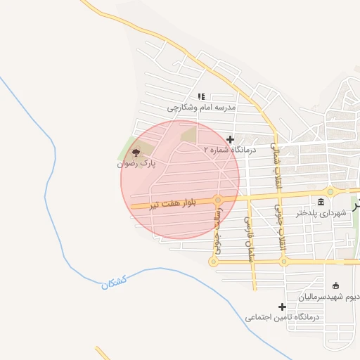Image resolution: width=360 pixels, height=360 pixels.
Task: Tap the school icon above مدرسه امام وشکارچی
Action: coord(201,97)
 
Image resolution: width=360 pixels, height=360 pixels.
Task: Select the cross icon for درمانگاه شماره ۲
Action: coord(230,139)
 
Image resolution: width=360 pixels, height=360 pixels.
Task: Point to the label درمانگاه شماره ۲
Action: coord(230,150)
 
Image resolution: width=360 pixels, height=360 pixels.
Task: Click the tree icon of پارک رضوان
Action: coord(136,152)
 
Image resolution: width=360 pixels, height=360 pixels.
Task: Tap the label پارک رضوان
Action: coord(136,163)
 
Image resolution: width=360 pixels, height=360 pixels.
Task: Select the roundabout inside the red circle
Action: coord(219,200)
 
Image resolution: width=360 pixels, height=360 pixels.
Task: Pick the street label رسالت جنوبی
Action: coord(218,229)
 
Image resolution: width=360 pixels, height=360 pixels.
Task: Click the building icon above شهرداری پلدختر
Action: coord(321,202)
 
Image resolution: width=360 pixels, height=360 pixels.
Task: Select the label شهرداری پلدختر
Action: coord(321,213)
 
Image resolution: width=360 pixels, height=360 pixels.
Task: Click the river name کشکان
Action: coord(113,282)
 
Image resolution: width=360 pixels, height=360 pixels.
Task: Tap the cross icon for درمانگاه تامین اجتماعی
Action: coord(282,307)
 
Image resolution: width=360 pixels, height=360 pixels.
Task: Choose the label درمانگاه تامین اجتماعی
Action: coord(282,318)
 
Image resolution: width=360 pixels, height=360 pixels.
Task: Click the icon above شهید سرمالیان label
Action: coord(335,285)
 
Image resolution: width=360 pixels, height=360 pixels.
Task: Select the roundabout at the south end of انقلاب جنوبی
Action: coord(283,262)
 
